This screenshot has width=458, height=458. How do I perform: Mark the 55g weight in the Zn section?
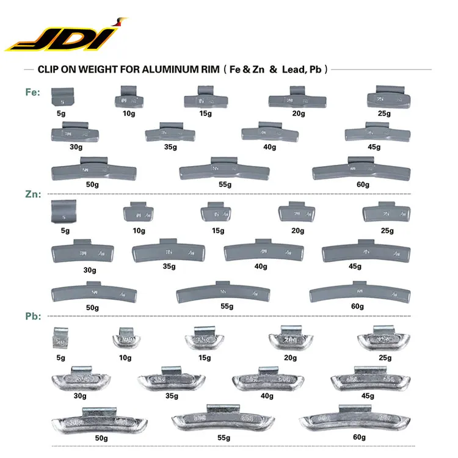tap(224, 293)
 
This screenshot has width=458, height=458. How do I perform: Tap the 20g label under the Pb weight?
tap(290, 357)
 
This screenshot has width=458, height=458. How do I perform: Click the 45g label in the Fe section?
tap(374, 147)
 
